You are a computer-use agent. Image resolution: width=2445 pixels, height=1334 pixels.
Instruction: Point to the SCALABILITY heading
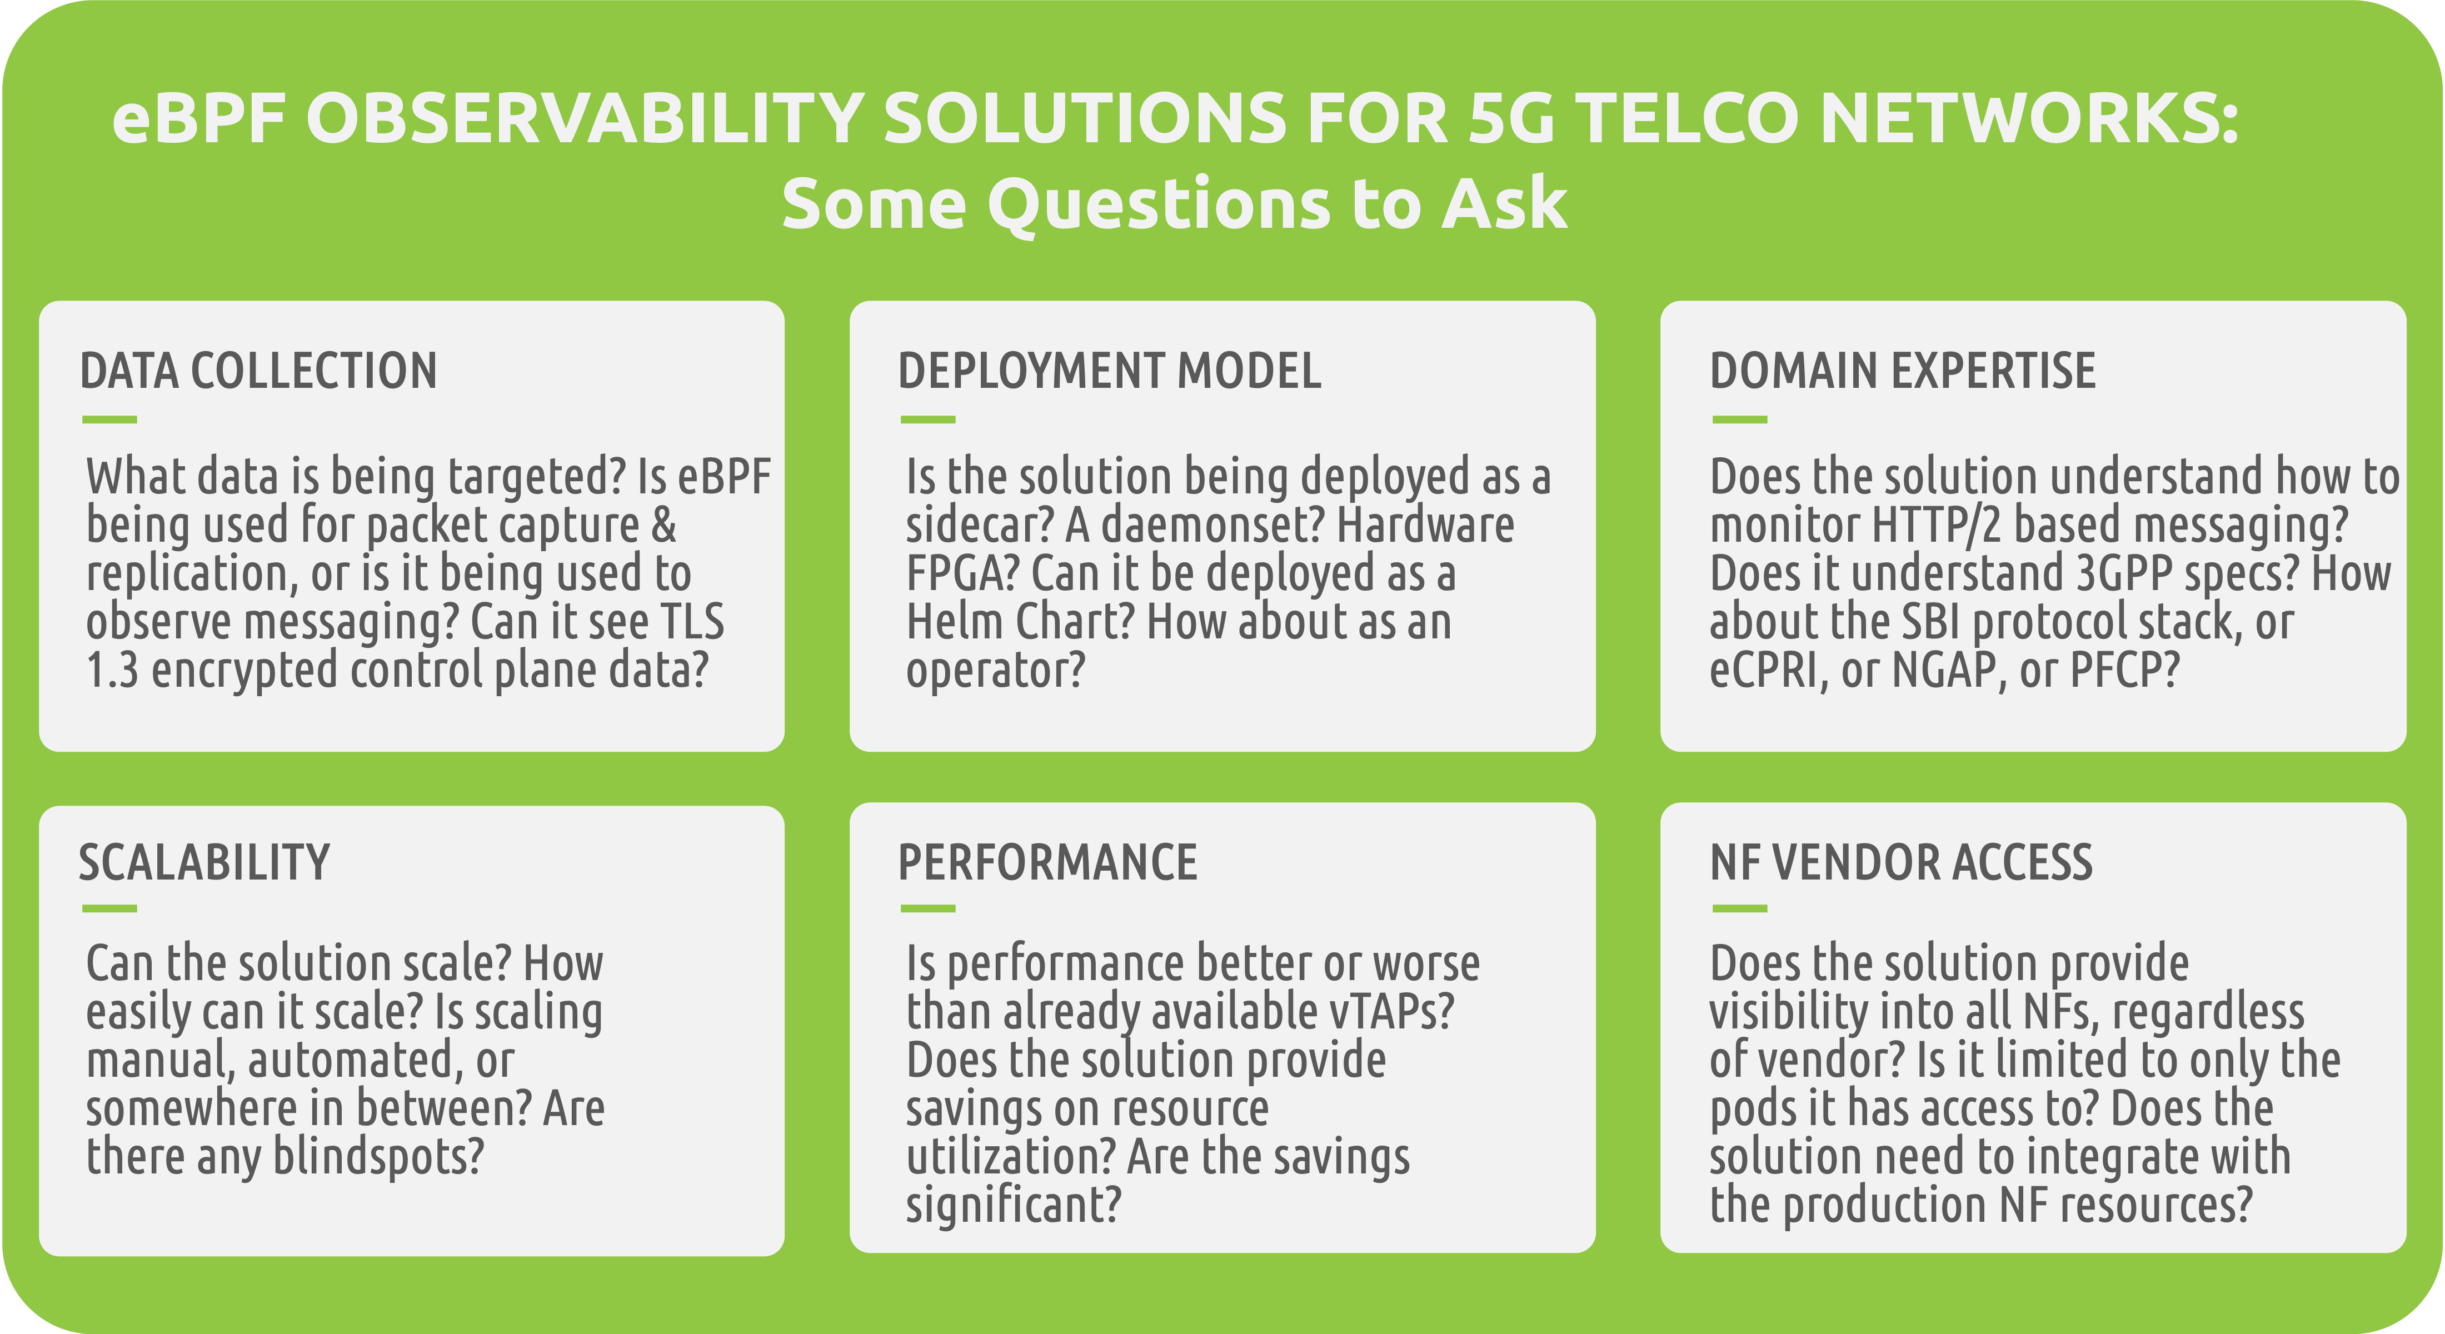[x=204, y=862]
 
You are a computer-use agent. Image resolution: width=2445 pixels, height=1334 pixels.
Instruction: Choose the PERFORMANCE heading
[x=1048, y=862]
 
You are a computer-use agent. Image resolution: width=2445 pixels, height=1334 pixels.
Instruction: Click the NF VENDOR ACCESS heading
[x=1901, y=862]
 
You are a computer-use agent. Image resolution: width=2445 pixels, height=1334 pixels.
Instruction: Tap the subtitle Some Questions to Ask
[x=1174, y=203]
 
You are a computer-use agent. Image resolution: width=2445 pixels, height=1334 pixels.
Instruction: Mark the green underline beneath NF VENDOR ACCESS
[x=1740, y=909]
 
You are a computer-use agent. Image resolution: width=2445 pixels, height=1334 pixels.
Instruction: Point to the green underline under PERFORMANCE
[x=928, y=909]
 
